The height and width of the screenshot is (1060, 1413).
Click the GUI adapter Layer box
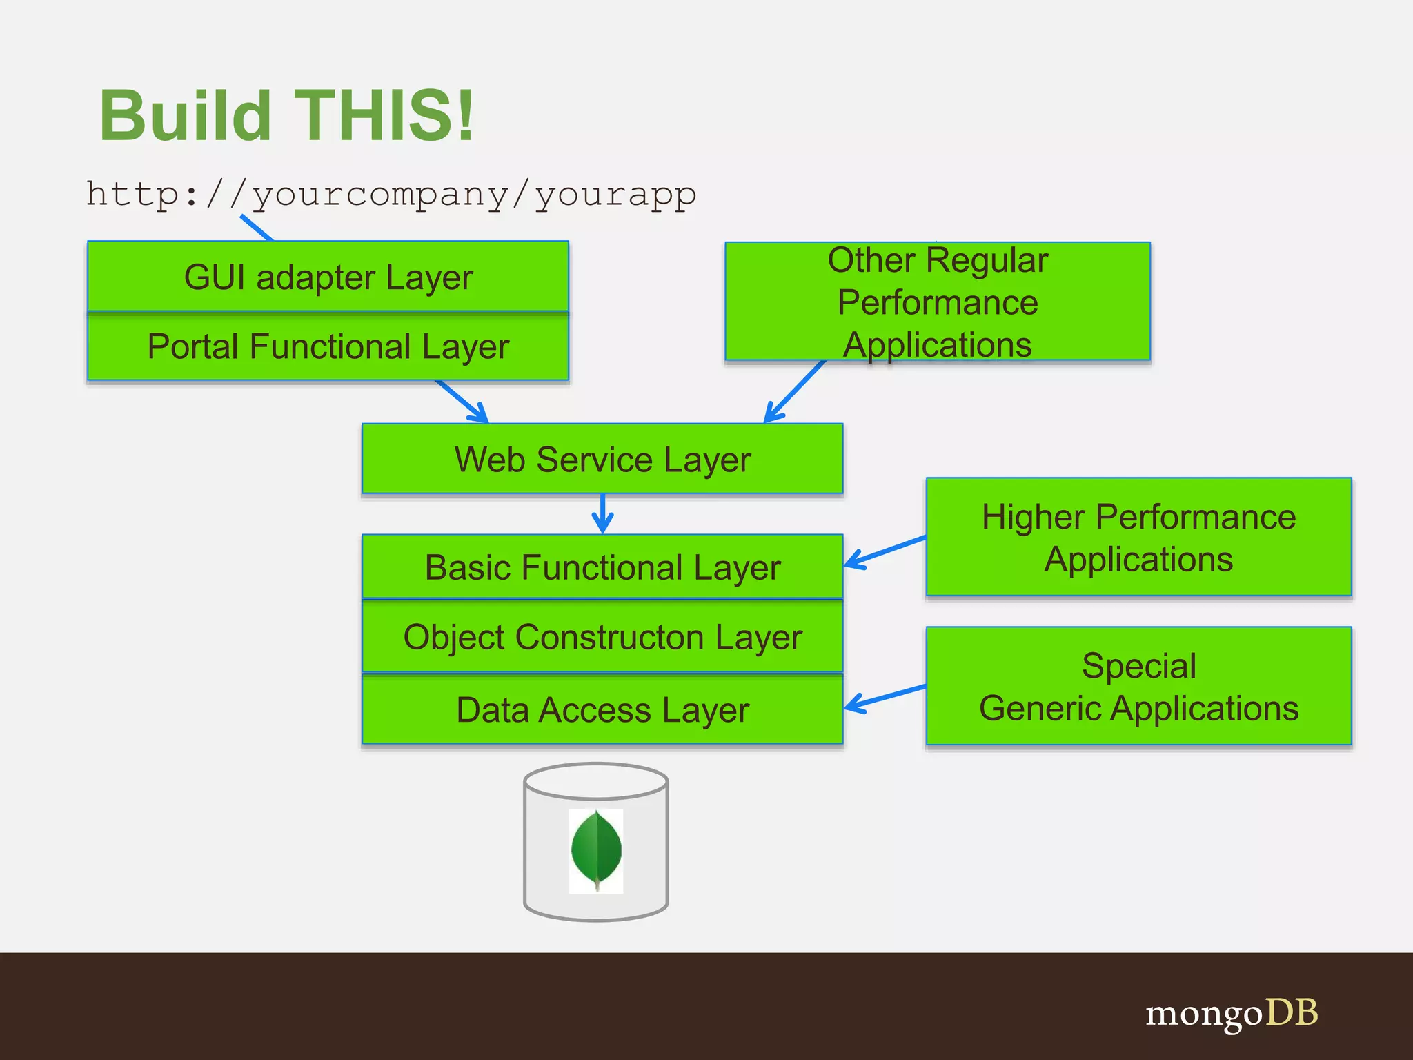pos(328,277)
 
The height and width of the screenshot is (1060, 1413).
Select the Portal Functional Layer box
pos(328,346)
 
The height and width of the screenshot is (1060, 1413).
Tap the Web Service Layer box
pos(602,459)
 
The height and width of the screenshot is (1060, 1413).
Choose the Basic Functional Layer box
pos(602,567)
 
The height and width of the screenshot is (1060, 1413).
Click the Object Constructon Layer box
pos(602,637)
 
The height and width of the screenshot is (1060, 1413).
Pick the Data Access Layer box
pos(602,710)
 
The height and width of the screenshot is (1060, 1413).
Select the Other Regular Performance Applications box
pos(938,302)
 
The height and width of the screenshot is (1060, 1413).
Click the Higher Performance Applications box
pos(1138,537)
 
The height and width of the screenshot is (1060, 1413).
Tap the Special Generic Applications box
pos(1138,686)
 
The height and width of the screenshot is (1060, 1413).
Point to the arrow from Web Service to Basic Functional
pos(602,514)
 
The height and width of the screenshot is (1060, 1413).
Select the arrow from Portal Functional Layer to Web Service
pos(462,401)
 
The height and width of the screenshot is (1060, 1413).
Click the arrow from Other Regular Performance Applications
pos(795,391)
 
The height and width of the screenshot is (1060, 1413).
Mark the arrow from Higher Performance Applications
pos(885,551)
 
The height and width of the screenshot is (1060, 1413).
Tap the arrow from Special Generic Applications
pos(885,698)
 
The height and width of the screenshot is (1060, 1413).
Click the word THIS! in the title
pos(384,115)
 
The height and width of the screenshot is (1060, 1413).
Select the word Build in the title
pos(185,115)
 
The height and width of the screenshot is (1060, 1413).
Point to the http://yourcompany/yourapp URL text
pos(391,194)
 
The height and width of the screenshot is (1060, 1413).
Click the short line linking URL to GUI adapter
pos(257,228)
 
